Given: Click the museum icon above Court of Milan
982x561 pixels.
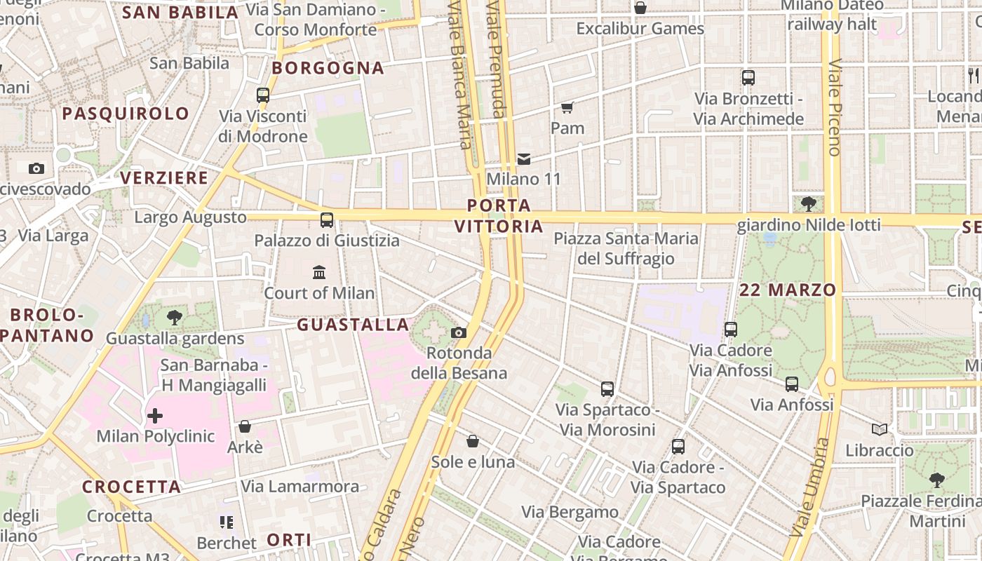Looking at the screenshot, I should click(319, 272).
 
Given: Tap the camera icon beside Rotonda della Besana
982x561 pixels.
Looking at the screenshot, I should click(459, 332).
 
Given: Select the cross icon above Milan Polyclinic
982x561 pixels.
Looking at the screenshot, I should click(155, 416).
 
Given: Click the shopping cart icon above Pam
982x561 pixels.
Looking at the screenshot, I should click(567, 108).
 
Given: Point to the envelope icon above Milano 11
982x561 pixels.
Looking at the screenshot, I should click(524, 159).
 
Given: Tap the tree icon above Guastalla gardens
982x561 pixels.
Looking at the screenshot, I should click(175, 318).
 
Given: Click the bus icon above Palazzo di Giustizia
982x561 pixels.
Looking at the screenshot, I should click(327, 220).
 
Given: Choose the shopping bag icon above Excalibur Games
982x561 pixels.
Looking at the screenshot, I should click(640, 8).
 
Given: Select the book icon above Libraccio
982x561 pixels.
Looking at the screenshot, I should click(879, 429).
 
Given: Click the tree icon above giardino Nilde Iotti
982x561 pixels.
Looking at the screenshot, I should click(808, 204).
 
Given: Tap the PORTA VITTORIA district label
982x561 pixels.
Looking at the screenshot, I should click(499, 216).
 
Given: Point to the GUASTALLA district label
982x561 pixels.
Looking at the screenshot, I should click(353, 325).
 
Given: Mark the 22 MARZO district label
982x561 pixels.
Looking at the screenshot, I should click(788, 290).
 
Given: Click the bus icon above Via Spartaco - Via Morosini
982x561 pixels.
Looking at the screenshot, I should click(607, 389).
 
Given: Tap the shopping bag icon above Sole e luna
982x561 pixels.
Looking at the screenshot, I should click(473, 441).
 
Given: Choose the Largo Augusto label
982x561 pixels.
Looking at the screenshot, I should click(190, 217).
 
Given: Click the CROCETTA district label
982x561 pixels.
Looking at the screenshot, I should click(131, 487).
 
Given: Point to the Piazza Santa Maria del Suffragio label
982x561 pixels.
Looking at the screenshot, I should click(626, 249).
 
